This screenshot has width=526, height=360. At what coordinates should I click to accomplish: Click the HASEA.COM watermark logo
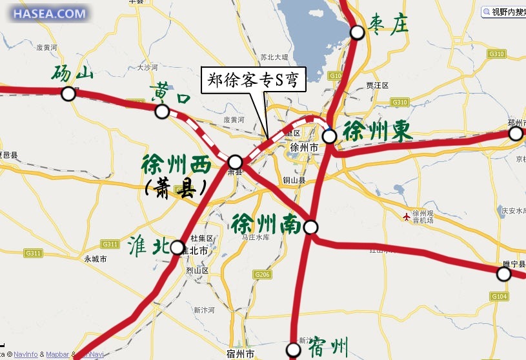point(50,13)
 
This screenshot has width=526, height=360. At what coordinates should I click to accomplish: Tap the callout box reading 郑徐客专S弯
point(253,80)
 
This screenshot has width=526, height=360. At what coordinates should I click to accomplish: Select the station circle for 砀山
point(68,94)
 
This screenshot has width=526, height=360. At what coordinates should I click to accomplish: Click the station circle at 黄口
point(162,112)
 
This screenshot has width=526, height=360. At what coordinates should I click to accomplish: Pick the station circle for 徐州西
point(235,161)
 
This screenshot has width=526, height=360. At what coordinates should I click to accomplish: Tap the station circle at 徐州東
point(329,136)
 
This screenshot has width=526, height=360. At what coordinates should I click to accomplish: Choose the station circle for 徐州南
point(311,227)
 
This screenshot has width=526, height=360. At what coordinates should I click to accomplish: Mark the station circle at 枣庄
point(357,32)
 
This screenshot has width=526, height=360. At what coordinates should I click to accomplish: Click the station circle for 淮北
point(177,246)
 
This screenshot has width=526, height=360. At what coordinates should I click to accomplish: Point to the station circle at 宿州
point(294,350)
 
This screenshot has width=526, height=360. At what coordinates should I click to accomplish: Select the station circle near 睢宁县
point(503,274)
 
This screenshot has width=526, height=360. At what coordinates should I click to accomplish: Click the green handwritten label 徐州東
point(377,131)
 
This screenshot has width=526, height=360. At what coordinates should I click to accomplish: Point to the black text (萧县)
point(175,188)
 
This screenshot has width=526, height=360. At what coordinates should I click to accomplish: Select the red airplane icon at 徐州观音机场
point(405,215)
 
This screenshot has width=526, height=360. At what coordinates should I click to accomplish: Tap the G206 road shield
point(262,275)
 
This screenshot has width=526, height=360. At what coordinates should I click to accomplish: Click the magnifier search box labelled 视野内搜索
point(504,11)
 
